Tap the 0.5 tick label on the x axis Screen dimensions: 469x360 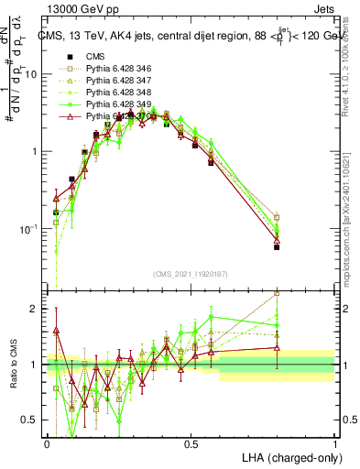click(191, 443)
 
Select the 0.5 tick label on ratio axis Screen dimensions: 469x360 click(32, 420)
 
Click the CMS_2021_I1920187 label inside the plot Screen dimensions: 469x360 click(191, 274)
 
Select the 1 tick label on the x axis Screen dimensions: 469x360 click(335, 443)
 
